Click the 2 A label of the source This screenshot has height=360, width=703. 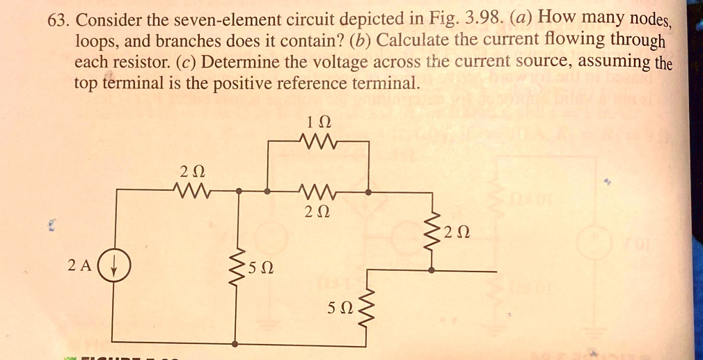coord(79,265)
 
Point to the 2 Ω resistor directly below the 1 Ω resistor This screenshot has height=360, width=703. coord(317,190)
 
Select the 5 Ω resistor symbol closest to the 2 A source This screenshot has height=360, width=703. coord(238,267)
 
